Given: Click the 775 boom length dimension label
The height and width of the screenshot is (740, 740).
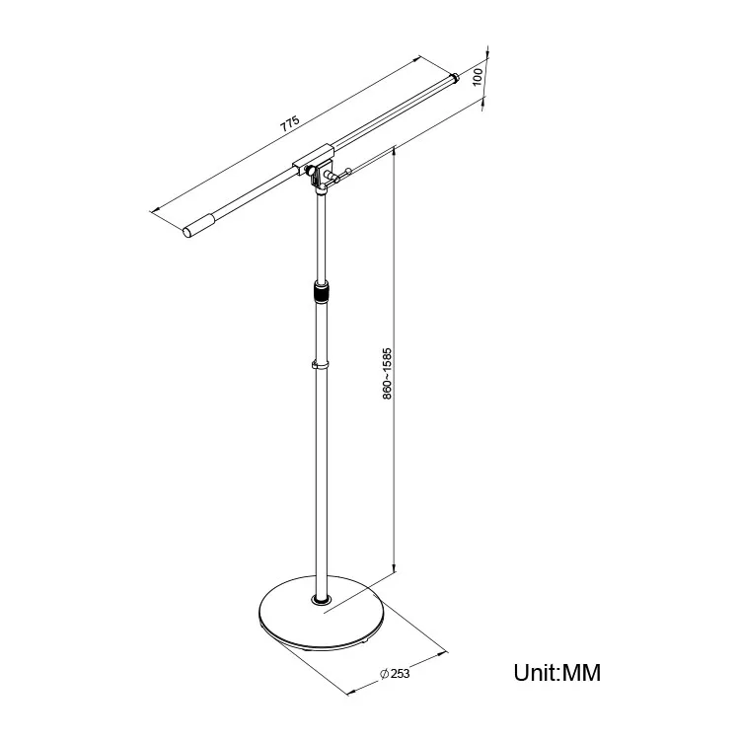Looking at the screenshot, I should tap(289, 124).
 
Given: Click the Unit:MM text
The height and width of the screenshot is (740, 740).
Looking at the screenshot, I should tap(556, 674).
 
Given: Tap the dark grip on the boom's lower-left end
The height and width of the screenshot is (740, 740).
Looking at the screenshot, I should tap(198, 226).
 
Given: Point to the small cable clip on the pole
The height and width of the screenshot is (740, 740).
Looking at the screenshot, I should tap(321, 366).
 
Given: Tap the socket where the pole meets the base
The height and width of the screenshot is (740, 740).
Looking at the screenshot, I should tap(322, 600).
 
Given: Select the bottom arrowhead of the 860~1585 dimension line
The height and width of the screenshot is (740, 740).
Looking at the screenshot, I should tap(394, 566).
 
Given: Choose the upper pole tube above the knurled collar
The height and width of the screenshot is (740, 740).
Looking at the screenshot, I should tap(320, 237).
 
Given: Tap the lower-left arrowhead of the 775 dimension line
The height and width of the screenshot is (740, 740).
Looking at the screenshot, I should tap(154, 210).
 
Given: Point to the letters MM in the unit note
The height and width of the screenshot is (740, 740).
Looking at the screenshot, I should tap(581, 674).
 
